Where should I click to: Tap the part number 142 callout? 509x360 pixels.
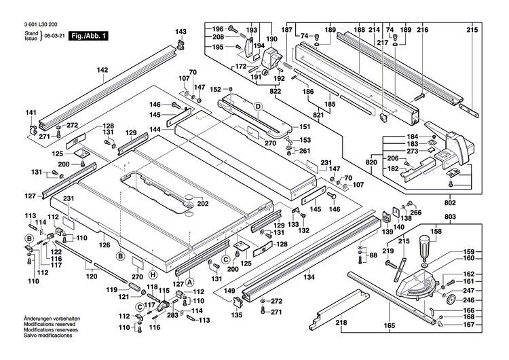click(x=102, y=70)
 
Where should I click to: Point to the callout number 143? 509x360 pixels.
click(x=181, y=32)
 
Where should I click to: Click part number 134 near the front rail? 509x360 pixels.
click(x=309, y=276)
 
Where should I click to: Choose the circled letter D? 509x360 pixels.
click(x=258, y=107)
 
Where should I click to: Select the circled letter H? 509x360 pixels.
click(x=153, y=274)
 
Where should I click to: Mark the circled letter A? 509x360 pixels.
click(x=190, y=281)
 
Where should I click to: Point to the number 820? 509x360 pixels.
click(x=371, y=163)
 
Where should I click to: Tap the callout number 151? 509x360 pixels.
click(x=305, y=126)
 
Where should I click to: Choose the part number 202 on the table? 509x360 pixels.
click(x=202, y=203)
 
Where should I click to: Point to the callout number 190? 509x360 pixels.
click(x=272, y=39)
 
